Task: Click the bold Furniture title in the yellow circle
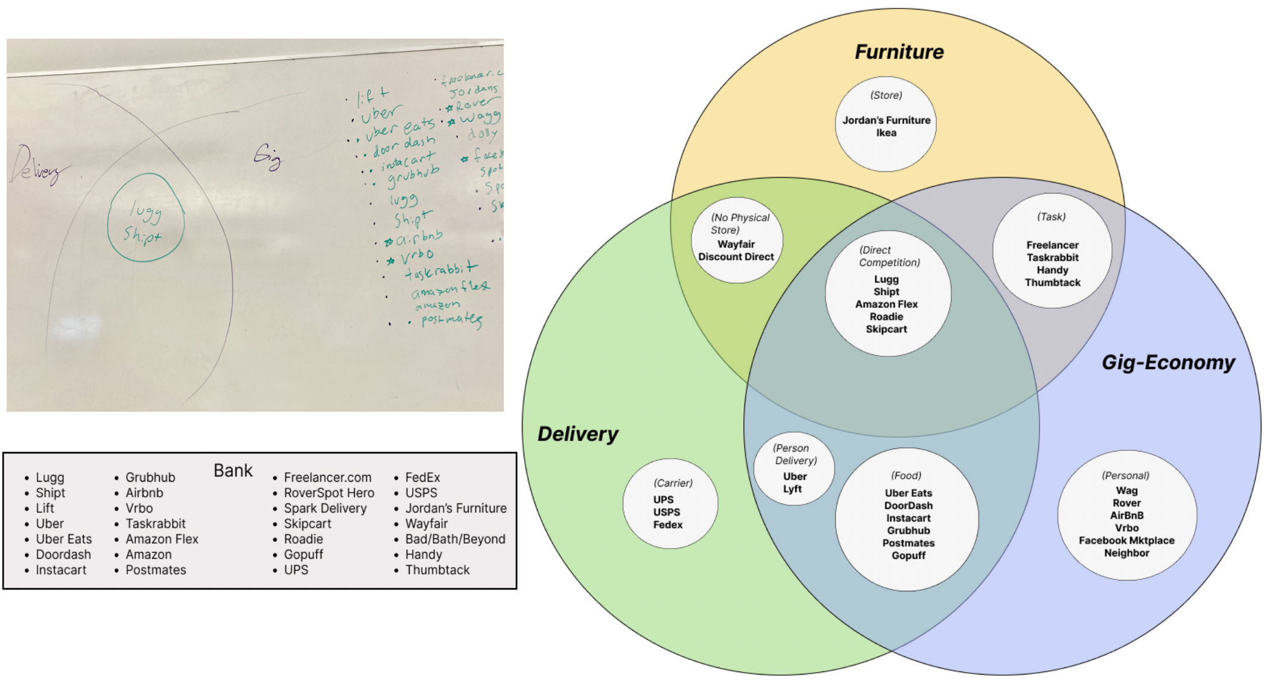coord(899,52)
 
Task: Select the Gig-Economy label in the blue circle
coord(1168,362)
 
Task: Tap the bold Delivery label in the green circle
coord(577,434)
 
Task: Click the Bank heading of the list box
coord(233,471)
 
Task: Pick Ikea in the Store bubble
coord(886,133)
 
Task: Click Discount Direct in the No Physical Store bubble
coord(736,257)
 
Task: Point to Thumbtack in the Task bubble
coord(1052,283)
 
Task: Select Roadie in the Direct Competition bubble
coord(886,317)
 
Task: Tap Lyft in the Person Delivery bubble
coord(792,489)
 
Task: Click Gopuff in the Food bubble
coord(908,556)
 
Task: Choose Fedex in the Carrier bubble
coord(667,525)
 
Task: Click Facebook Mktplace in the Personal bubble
coord(1126,541)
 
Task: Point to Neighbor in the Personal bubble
coord(1126,553)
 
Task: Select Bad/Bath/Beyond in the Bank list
coord(455,539)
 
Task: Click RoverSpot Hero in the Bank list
coord(329,493)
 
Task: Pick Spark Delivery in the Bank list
coord(325,508)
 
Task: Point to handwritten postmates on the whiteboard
coord(451,320)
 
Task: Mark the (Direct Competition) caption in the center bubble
coord(889,256)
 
